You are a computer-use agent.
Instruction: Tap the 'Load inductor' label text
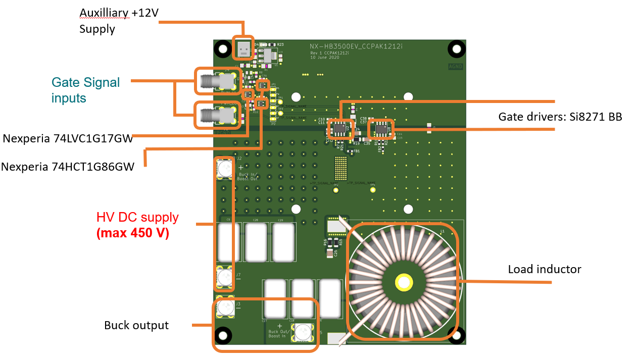[544, 269]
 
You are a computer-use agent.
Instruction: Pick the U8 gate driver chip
[380, 129]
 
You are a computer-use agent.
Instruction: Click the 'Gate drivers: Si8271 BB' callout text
[560, 117]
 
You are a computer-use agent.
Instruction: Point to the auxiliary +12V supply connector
[243, 49]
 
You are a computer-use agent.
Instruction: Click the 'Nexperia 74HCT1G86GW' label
[67, 166]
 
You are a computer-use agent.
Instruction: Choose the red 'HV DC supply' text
[137, 217]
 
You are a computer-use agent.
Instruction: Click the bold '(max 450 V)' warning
[132, 233]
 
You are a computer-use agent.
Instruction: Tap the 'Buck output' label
[136, 325]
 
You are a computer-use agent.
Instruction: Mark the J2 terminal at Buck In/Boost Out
[224, 168]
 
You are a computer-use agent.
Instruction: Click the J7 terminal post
[224, 277]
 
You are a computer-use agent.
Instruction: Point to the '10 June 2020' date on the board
[325, 58]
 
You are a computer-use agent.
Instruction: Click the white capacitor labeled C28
[256, 241]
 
